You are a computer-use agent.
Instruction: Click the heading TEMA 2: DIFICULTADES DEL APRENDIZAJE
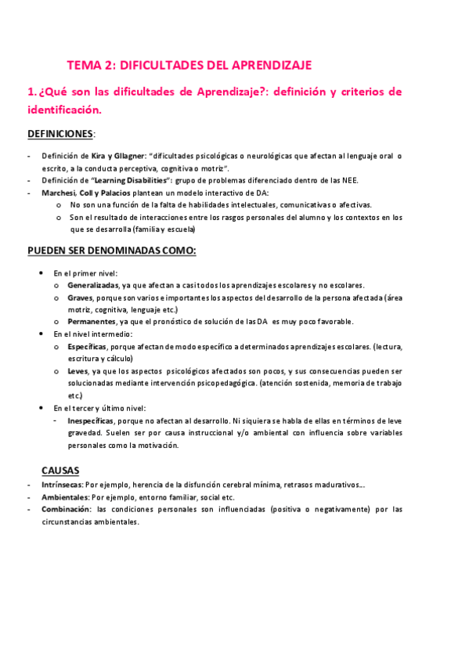pos(189,66)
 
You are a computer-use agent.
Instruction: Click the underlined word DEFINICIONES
pos(60,134)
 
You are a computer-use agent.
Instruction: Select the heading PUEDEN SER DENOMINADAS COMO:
pos(111,251)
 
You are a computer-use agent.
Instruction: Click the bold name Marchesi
pos(59,193)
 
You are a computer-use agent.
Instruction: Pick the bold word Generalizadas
pos(93,285)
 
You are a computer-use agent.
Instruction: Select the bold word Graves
pos(79,298)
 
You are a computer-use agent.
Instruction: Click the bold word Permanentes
pos(92,322)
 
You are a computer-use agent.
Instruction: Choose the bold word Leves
pos(78,370)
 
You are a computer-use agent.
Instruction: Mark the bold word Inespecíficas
pos(94,420)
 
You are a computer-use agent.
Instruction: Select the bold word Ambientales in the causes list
pos(64,497)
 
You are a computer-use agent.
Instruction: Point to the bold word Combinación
pos(67,509)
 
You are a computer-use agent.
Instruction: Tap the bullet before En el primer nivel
pos(41,273)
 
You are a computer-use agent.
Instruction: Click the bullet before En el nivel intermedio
pos(41,334)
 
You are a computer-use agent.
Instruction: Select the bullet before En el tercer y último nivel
pos(41,407)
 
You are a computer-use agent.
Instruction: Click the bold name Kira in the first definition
pos(99,156)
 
